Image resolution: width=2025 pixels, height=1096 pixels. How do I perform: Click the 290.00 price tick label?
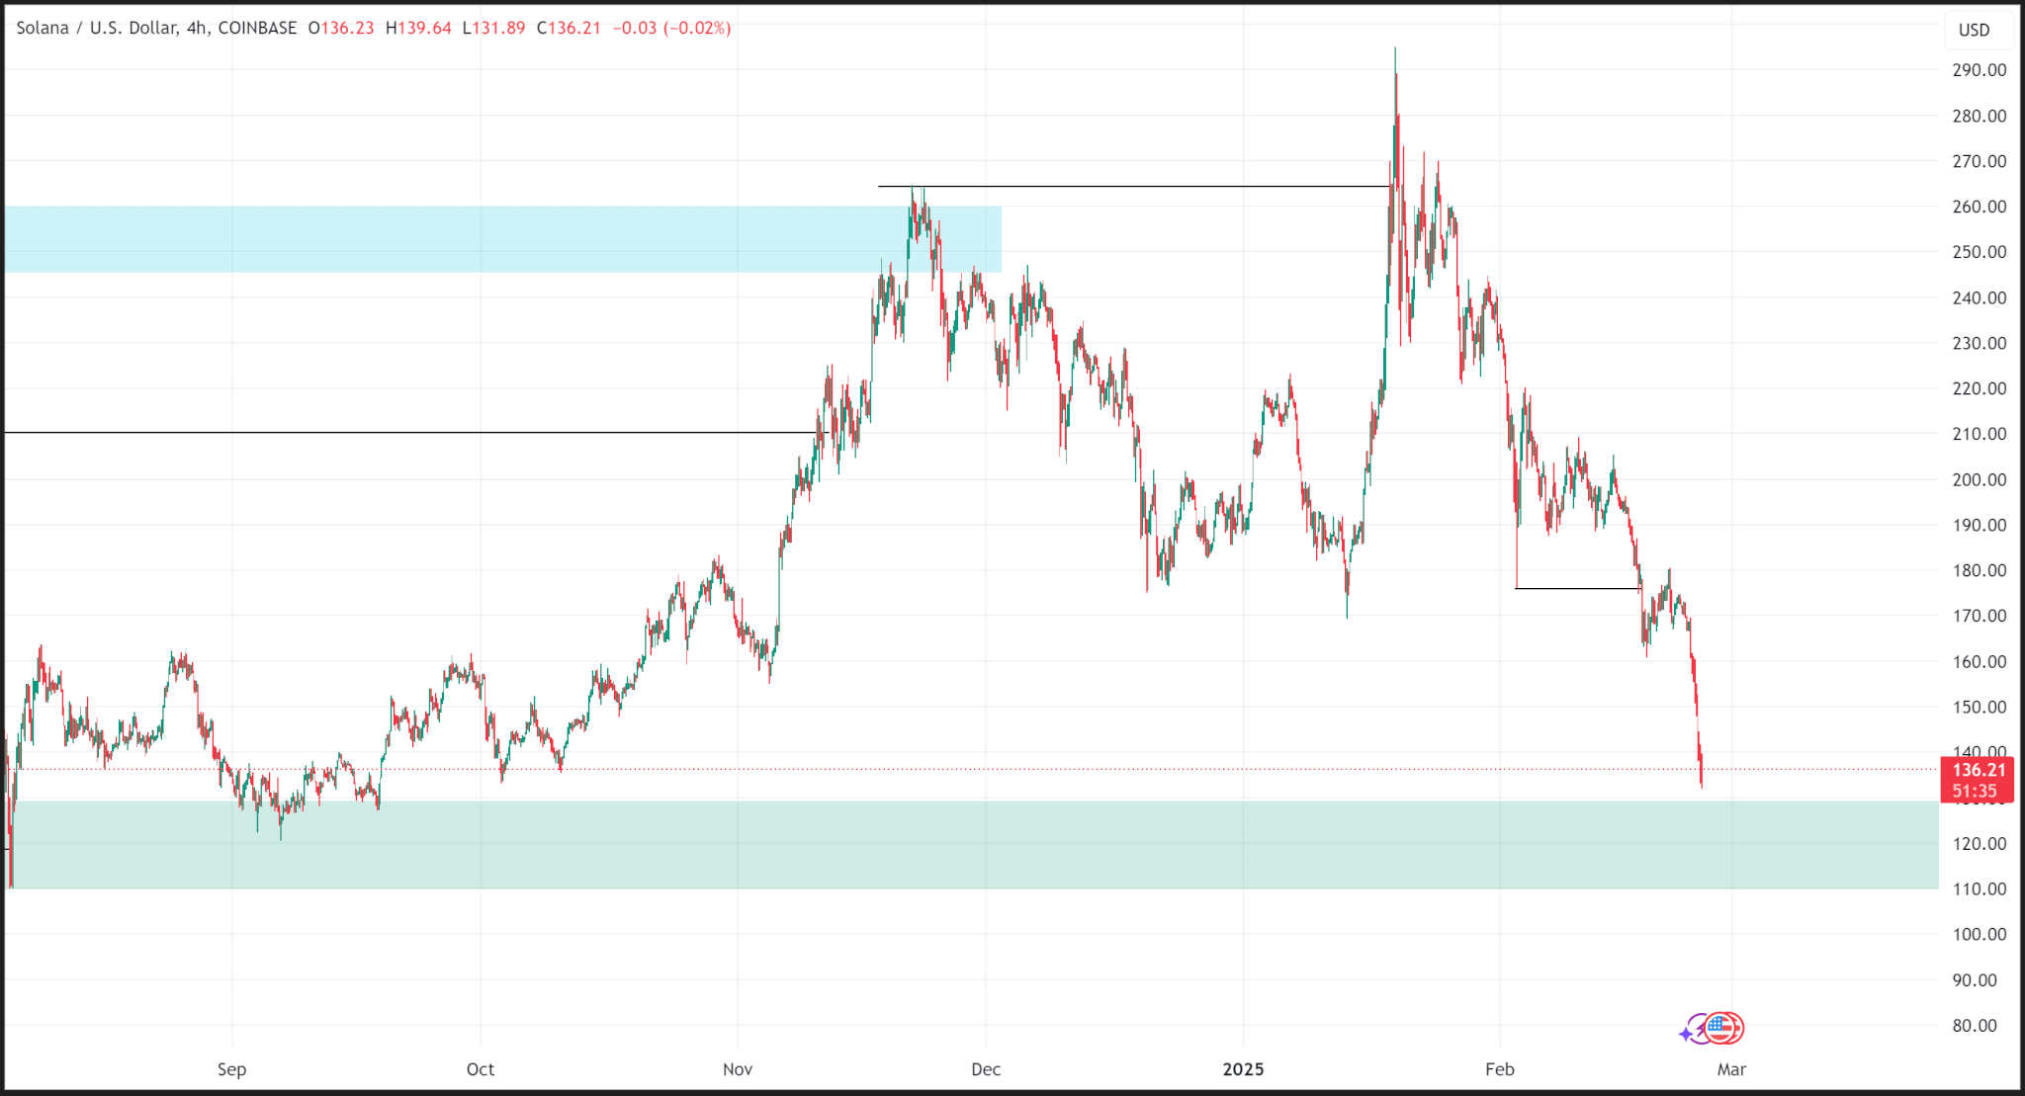[1979, 70]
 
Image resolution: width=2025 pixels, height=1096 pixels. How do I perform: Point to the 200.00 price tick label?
[1979, 479]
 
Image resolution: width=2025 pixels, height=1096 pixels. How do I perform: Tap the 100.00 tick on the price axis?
[1979, 934]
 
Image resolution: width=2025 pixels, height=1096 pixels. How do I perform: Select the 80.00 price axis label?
[1975, 1026]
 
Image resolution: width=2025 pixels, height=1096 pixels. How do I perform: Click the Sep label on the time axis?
[231, 1069]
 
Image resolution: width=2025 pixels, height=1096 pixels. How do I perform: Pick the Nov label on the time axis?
[738, 1069]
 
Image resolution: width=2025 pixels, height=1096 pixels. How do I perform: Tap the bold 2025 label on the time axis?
[1243, 1069]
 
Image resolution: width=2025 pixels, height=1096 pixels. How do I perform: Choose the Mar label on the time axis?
[1731, 1069]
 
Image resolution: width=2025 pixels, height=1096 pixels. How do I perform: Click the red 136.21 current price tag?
[1978, 770]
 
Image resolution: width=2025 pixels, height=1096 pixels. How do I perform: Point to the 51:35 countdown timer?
[1975, 792]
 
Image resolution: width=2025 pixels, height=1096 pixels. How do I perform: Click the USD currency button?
[1974, 30]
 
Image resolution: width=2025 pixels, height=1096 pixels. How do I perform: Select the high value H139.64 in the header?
[418, 28]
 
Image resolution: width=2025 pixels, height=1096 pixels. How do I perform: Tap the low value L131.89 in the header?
[493, 28]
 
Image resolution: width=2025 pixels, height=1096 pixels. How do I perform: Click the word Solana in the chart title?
[43, 28]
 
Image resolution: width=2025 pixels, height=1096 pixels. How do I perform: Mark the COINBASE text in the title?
[257, 28]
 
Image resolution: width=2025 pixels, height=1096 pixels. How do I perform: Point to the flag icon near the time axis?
[1722, 1029]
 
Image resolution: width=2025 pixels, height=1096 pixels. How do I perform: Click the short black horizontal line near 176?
[1577, 589]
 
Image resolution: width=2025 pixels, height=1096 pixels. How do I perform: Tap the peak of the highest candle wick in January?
[1395, 47]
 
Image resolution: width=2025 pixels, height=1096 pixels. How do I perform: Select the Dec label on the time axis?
[986, 1069]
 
